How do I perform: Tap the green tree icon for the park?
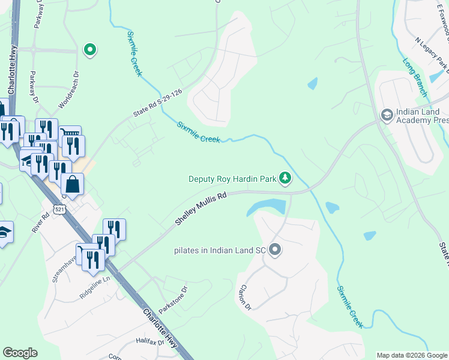click(x=286, y=178)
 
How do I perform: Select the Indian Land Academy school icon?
click(x=387, y=115)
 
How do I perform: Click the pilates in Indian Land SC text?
click(x=220, y=250)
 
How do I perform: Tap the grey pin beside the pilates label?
click(x=276, y=250)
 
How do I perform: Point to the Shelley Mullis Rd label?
click(x=201, y=209)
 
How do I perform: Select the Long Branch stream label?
click(x=415, y=77)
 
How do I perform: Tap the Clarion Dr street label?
click(x=244, y=297)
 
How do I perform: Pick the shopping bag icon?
click(x=72, y=185)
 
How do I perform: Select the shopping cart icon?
click(x=70, y=133)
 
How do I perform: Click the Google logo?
click(x=20, y=353)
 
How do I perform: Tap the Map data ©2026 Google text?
click(x=411, y=355)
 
